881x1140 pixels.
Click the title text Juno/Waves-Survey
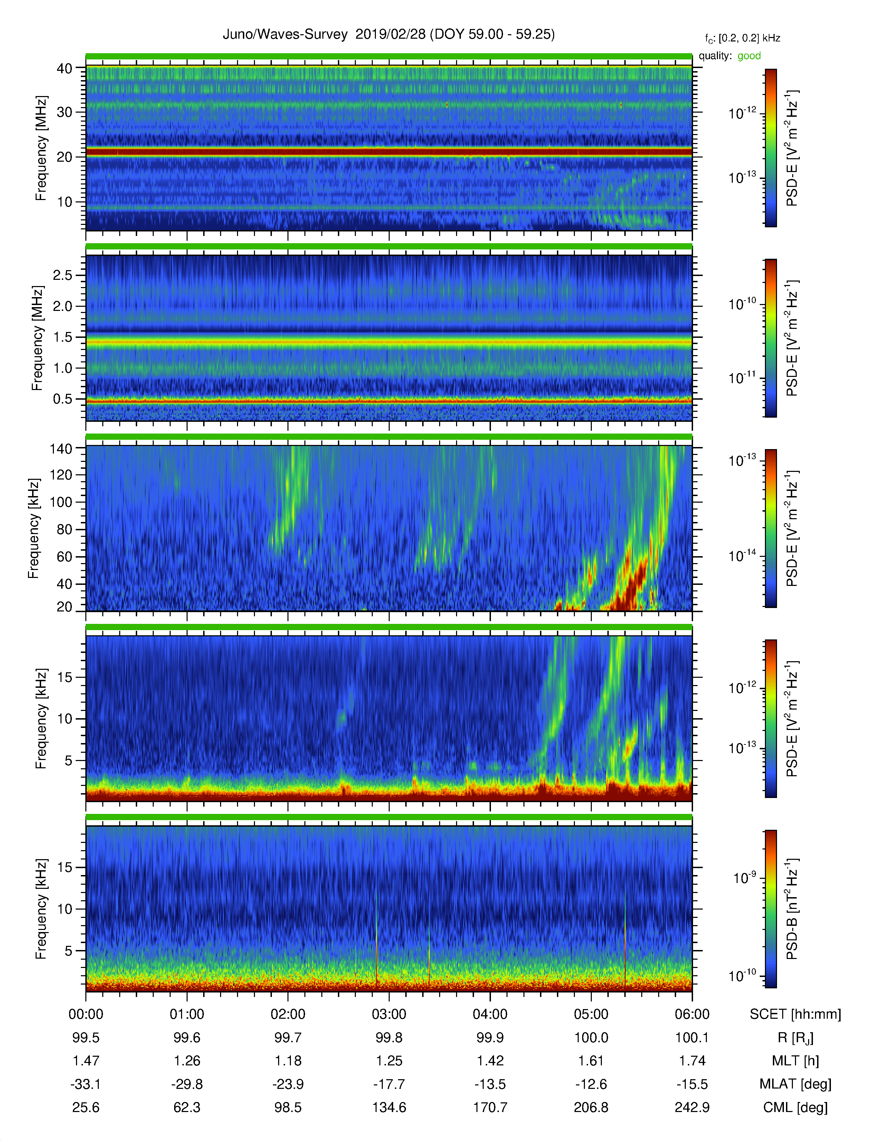(x=285, y=35)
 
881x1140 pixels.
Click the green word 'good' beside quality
(x=749, y=56)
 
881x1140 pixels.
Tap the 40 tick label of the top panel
(x=65, y=68)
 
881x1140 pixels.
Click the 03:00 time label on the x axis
(x=389, y=1014)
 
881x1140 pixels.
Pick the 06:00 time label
(x=692, y=1014)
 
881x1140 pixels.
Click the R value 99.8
(x=389, y=1038)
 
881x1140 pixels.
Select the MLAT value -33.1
(x=86, y=1084)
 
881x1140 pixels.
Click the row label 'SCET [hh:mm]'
(x=795, y=1014)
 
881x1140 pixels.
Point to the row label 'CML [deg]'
(x=795, y=1108)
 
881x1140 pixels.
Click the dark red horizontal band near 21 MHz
(x=389, y=152)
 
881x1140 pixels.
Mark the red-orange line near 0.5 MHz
(x=389, y=401)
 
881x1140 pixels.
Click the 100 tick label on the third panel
(x=61, y=502)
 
